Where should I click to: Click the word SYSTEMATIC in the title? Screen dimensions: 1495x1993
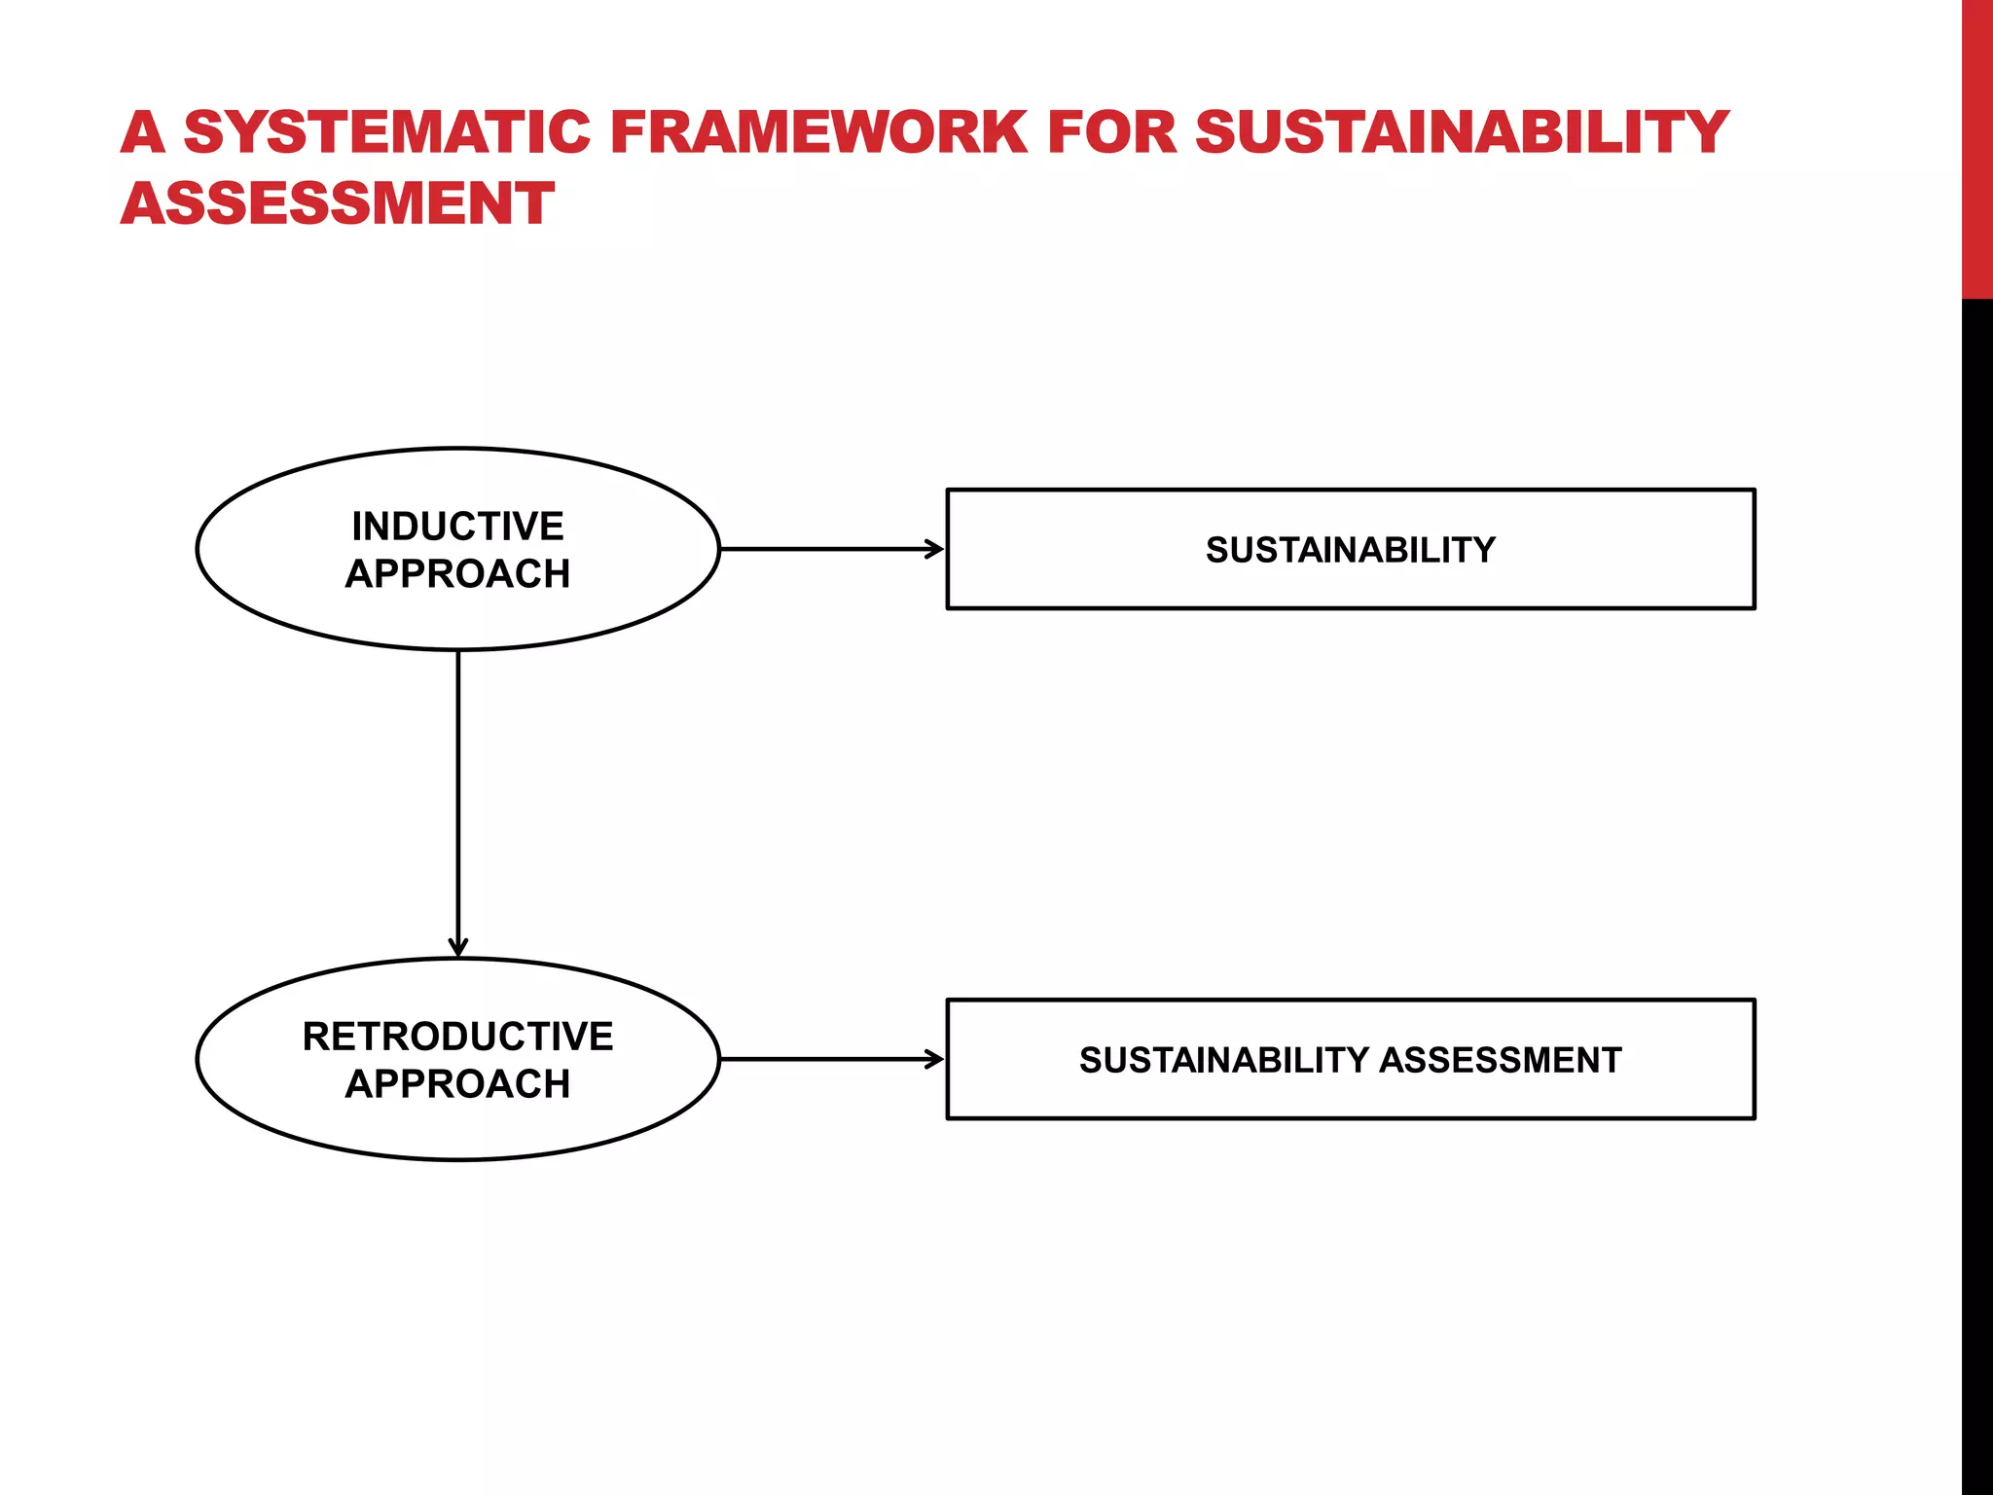click(387, 132)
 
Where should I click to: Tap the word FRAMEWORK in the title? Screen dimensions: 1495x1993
click(818, 132)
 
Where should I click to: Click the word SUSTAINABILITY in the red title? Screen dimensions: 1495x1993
click(1461, 132)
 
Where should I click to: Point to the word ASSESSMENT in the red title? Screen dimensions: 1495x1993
click(337, 204)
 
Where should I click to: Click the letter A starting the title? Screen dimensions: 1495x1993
click(143, 132)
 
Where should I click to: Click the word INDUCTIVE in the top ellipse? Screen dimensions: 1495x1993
click(457, 527)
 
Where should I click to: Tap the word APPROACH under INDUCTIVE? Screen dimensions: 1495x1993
click(457, 574)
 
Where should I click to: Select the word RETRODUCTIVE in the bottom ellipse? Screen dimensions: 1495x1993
click(457, 1037)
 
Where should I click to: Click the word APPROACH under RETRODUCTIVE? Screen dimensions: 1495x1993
click(457, 1084)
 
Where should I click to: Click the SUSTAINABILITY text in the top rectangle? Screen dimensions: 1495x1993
click(1350, 550)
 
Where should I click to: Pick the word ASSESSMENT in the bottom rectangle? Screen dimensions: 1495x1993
click(1500, 1060)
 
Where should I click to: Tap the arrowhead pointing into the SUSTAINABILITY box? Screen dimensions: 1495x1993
click(935, 549)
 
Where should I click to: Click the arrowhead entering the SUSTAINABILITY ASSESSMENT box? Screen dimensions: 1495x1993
click(935, 1059)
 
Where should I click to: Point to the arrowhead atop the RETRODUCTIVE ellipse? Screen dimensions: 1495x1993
click(458, 948)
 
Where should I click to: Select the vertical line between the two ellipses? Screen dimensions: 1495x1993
click(458, 798)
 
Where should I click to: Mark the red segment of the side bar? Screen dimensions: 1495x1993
click(1976, 146)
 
